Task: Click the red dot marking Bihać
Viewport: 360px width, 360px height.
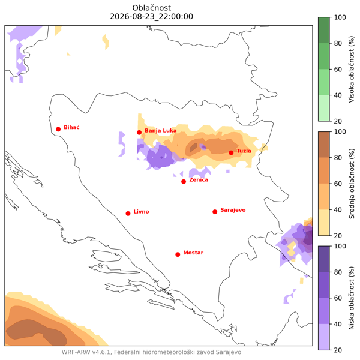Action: pos(58,129)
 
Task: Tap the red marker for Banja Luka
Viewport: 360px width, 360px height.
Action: pos(139,133)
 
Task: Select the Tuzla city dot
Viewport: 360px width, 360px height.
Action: pos(231,153)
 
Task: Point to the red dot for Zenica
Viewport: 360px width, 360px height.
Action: pos(184,182)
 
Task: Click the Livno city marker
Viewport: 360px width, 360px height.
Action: pos(128,214)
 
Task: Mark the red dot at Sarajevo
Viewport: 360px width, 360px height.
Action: pos(215,212)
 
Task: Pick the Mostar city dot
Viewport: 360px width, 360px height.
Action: pos(178,254)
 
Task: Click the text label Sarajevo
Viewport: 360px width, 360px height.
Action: pos(233,210)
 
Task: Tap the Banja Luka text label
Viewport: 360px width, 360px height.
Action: pos(160,131)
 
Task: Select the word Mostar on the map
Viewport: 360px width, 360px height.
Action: pos(193,253)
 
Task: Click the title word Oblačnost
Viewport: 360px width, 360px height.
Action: pos(152,8)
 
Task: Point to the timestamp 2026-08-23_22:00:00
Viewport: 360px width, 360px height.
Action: pos(152,17)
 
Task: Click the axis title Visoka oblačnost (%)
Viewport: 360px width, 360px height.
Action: pos(352,69)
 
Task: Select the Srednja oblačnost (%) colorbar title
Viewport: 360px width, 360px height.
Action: pos(352,184)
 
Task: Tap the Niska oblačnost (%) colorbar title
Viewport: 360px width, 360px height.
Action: pos(352,298)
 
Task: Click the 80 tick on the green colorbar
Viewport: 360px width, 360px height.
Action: pos(338,43)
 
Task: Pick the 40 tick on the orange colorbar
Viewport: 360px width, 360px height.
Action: pos(338,210)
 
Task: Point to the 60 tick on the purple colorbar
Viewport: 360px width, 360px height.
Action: pos(338,298)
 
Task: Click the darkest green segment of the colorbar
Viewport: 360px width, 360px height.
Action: pos(324,30)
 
